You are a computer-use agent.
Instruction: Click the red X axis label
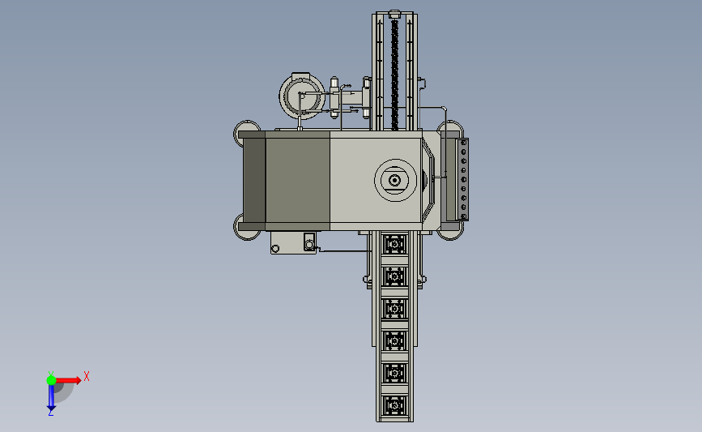point(87,376)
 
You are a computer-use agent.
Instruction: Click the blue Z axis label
point(50,413)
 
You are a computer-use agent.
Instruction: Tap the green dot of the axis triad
point(51,380)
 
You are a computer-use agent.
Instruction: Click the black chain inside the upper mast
point(394,75)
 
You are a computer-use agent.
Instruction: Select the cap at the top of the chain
point(394,15)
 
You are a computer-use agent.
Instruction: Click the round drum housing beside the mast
point(302,96)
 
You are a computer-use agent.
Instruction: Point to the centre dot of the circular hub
point(394,180)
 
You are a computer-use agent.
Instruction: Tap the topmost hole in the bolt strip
point(464,143)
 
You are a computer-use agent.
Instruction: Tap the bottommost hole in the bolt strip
point(464,216)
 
